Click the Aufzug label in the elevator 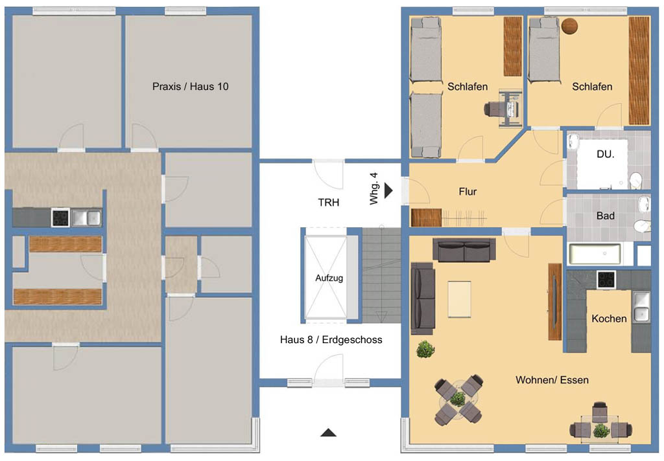point(329,278)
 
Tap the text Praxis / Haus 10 point(190,87)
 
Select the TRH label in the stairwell point(329,203)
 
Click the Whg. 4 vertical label point(373,188)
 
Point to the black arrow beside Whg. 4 point(388,190)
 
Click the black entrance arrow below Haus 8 point(328,433)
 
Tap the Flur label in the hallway point(468,192)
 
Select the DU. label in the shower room point(606,154)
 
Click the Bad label point(606,216)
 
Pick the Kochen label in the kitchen point(609,319)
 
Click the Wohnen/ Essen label point(552,380)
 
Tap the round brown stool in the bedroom point(569,26)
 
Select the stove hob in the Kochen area point(606,280)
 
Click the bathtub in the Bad point(595,254)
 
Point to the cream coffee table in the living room point(459,298)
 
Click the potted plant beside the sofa point(425,350)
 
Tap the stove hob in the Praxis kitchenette point(60,218)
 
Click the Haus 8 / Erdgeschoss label point(331,340)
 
